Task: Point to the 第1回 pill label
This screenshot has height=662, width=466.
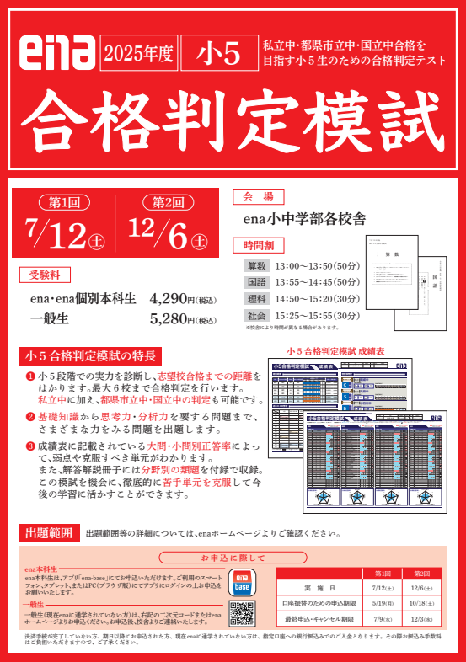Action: (x=65, y=202)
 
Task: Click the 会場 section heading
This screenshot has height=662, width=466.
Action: (x=258, y=196)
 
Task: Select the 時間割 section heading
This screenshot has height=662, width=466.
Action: (x=258, y=245)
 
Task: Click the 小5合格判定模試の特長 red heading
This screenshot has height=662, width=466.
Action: (x=90, y=355)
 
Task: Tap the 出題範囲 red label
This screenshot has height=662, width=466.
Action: (x=49, y=532)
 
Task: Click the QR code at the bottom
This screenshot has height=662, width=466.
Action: (x=241, y=612)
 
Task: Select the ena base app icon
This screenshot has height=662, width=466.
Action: (x=241, y=583)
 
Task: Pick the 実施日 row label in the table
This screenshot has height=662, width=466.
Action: (x=320, y=587)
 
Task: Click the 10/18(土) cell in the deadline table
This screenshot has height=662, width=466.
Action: (x=417, y=602)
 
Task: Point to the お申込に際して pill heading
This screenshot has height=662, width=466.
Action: (x=233, y=558)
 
